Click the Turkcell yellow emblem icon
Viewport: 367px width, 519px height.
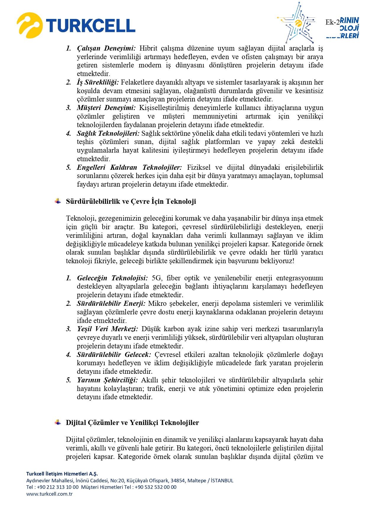[29, 25]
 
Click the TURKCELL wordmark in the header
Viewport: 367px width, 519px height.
[90, 26]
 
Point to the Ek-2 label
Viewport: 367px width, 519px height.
[332, 22]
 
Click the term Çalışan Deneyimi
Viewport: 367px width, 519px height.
[106, 48]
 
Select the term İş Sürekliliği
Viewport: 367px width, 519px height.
[98, 83]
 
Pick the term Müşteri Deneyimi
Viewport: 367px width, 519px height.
[106, 108]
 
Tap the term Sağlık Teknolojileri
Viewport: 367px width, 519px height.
[108, 133]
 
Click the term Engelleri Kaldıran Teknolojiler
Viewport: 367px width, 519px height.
[129, 167]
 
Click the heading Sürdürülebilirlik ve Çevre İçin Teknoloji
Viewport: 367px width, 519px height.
[131, 202]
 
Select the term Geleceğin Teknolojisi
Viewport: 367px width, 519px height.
[112, 278]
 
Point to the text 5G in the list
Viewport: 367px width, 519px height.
[156, 278]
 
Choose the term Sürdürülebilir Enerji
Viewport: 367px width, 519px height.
[111, 303]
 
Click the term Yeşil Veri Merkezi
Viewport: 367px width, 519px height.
[107, 329]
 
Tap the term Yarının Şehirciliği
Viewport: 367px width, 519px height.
[107, 380]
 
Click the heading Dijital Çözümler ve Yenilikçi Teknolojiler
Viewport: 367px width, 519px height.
[132, 423]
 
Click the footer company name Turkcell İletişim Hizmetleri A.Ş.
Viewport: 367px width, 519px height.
[62, 474]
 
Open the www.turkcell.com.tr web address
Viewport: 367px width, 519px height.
[49, 494]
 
